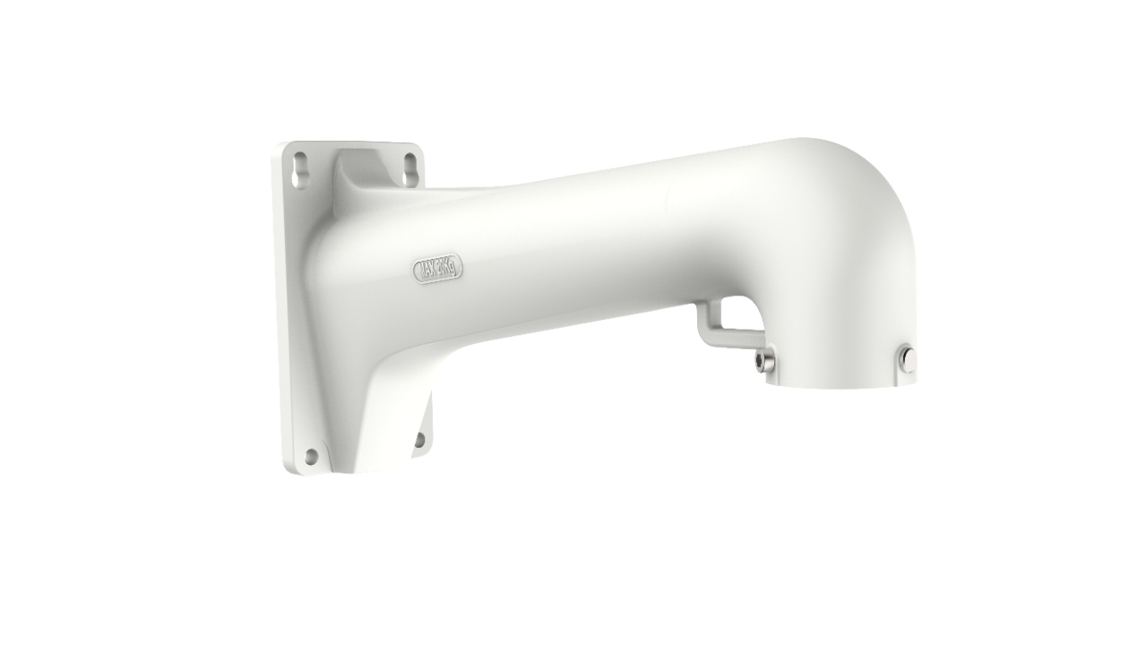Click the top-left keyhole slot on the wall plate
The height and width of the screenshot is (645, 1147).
coord(300,170)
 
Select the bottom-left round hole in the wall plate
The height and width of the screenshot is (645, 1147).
coord(311,456)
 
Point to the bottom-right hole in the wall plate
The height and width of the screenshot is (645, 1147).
coord(418,439)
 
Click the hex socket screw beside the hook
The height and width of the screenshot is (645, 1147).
coord(763,360)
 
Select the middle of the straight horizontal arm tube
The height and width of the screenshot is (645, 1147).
coord(582,242)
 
